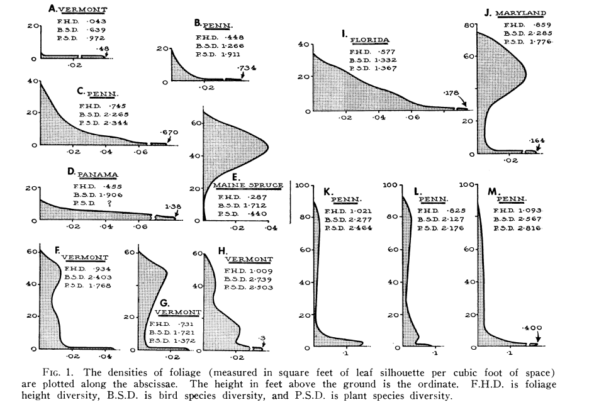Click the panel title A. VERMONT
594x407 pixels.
tap(77, 9)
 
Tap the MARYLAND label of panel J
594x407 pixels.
tap(520, 12)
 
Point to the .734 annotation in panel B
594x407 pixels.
tap(246, 67)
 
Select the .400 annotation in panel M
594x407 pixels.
tap(531, 328)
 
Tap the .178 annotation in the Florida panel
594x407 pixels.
tap(452, 92)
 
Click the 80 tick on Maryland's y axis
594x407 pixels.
tap(469, 25)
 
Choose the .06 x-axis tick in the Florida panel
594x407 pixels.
tap(412, 117)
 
